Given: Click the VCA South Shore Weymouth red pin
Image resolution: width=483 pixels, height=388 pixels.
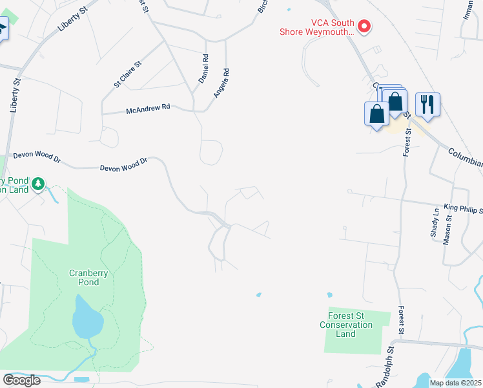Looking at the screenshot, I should [364, 27].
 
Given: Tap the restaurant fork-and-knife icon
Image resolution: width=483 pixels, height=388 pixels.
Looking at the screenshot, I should [427, 103].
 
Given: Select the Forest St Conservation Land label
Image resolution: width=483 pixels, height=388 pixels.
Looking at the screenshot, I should [345, 325].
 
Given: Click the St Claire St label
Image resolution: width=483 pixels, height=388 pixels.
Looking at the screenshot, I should [128, 74].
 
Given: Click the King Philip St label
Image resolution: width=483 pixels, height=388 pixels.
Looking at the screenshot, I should [462, 206].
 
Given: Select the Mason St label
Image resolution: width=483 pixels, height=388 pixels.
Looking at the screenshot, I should [447, 230].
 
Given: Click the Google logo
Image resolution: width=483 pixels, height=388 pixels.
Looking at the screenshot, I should [21, 380].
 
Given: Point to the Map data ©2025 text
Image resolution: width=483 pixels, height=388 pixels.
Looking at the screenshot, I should [455, 383].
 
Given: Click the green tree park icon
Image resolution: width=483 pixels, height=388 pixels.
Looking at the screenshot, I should [39, 184].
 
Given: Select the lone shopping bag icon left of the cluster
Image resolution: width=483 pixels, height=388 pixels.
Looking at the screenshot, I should [377, 114].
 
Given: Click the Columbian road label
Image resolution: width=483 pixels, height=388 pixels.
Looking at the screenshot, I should [465, 156].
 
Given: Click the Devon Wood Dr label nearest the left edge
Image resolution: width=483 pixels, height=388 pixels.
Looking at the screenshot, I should [37, 157].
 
